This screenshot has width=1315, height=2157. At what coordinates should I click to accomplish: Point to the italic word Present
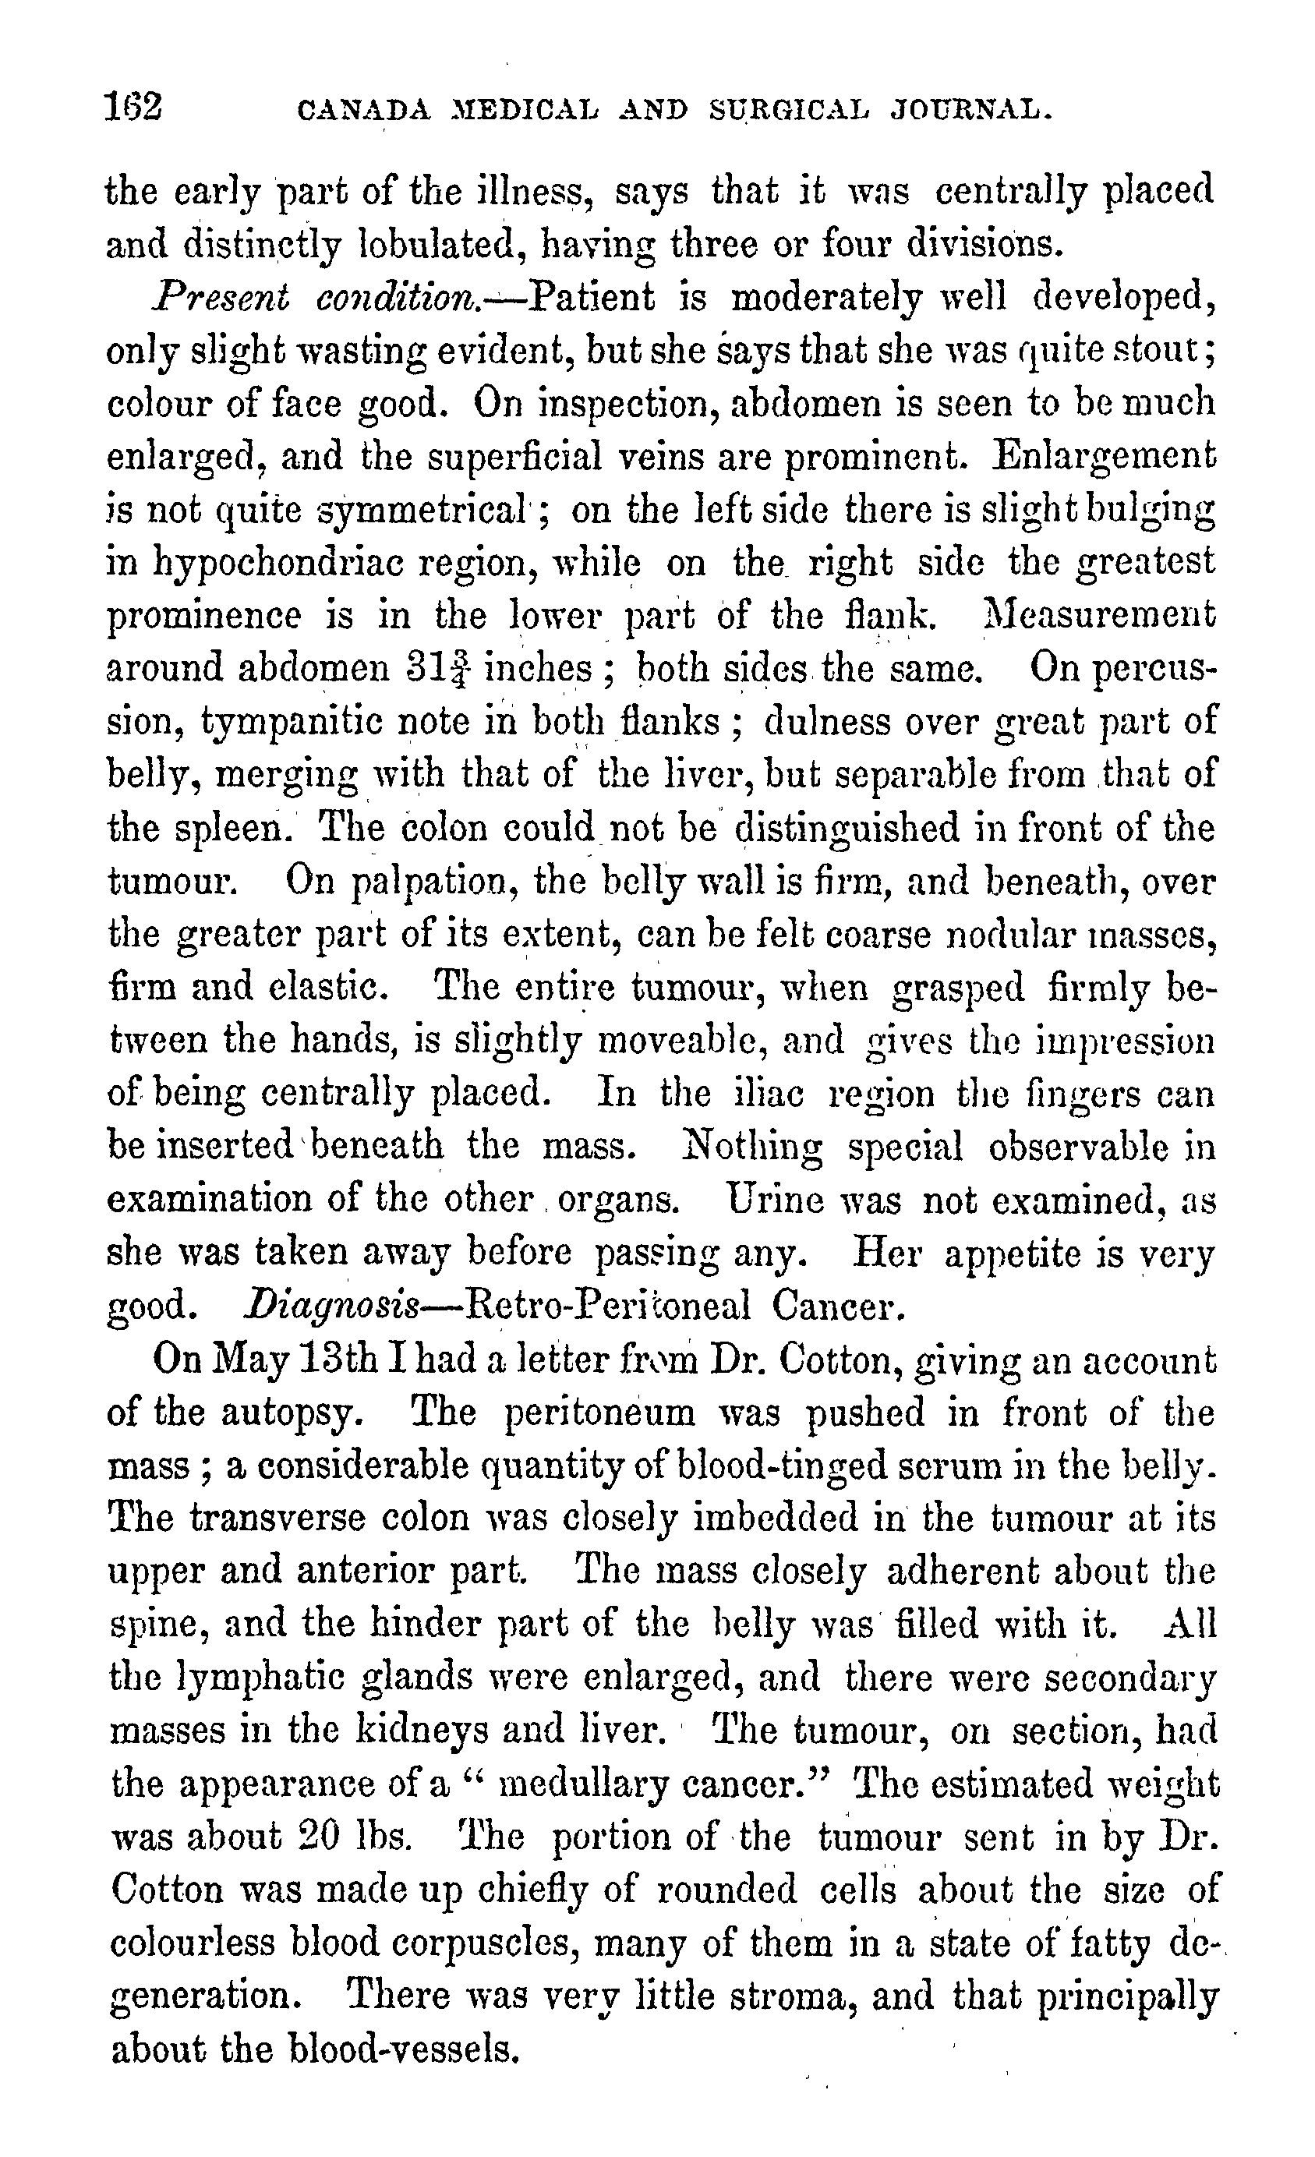[220, 298]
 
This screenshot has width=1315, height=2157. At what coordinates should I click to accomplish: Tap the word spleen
[230, 828]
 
